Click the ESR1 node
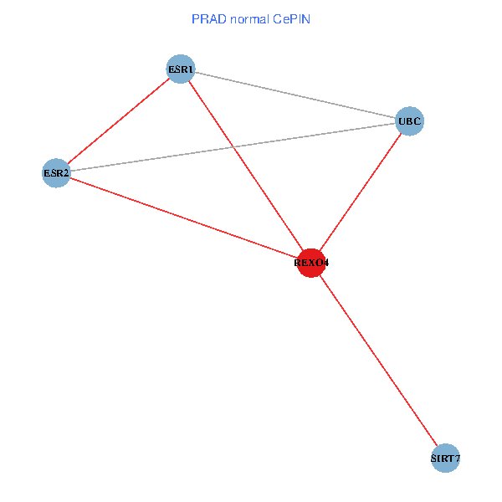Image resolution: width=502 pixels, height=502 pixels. tap(181, 69)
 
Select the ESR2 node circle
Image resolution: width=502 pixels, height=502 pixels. tap(56, 174)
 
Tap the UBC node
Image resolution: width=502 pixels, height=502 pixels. tap(410, 121)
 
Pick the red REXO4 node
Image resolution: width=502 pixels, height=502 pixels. tap(311, 263)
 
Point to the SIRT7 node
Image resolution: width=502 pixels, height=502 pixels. tap(446, 458)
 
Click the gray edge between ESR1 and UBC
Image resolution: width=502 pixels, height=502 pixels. tap(295, 95)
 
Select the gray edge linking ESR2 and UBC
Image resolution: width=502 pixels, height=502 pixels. tap(233, 148)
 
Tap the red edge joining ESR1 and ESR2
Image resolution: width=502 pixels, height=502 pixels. tap(118, 121)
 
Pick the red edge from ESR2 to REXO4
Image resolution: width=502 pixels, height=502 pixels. tap(184, 218)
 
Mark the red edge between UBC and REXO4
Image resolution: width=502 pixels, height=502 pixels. tap(361, 192)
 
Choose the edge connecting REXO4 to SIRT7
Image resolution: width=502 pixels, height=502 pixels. tap(378, 360)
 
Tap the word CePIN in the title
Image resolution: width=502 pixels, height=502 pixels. tap(292, 18)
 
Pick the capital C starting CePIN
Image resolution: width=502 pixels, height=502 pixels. tap(276, 18)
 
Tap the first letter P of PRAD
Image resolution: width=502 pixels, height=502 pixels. tap(196, 18)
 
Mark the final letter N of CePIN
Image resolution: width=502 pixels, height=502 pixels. tap(307, 18)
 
